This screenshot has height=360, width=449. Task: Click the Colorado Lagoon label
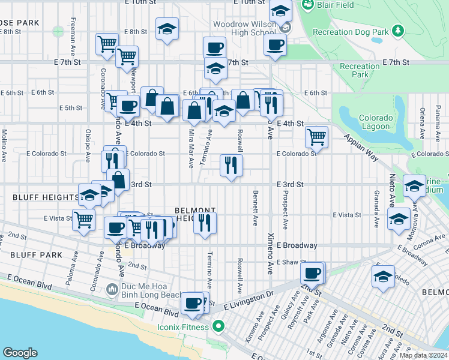(376, 122)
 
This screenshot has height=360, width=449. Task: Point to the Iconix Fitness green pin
(219, 327)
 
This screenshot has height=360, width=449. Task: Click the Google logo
(20, 353)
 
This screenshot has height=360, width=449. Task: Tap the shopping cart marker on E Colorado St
(316, 136)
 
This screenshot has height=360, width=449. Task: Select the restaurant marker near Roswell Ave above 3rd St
(231, 164)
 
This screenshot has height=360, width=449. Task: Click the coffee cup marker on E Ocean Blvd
(193, 303)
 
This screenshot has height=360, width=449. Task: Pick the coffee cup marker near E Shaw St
(311, 274)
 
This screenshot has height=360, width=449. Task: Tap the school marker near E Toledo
(383, 277)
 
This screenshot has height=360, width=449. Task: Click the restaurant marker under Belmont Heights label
(205, 223)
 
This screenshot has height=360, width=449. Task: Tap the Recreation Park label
(360, 70)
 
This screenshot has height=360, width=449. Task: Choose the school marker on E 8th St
(167, 28)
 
